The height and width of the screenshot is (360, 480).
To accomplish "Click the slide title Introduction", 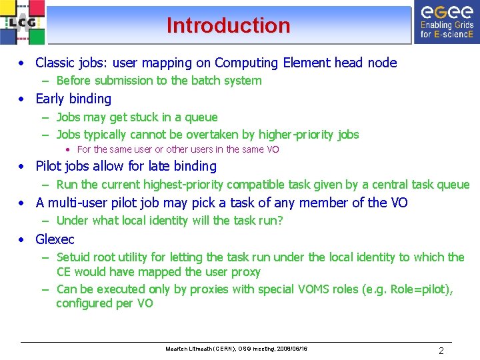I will (x=229, y=25).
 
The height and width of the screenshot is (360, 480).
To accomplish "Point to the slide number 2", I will (x=441, y=351).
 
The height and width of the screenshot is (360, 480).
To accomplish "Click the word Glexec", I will (x=55, y=239).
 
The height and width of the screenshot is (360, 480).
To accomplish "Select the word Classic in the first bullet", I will (x=55, y=63).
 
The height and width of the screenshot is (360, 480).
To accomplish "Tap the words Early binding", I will (x=73, y=99).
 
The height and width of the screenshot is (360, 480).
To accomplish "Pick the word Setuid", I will (x=75, y=257).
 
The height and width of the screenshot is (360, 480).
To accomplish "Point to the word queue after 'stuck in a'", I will (x=201, y=117).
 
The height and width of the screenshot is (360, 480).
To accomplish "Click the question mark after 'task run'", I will (x=280, y=221).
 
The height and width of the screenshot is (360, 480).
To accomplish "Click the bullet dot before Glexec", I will (x=22, y=239).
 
